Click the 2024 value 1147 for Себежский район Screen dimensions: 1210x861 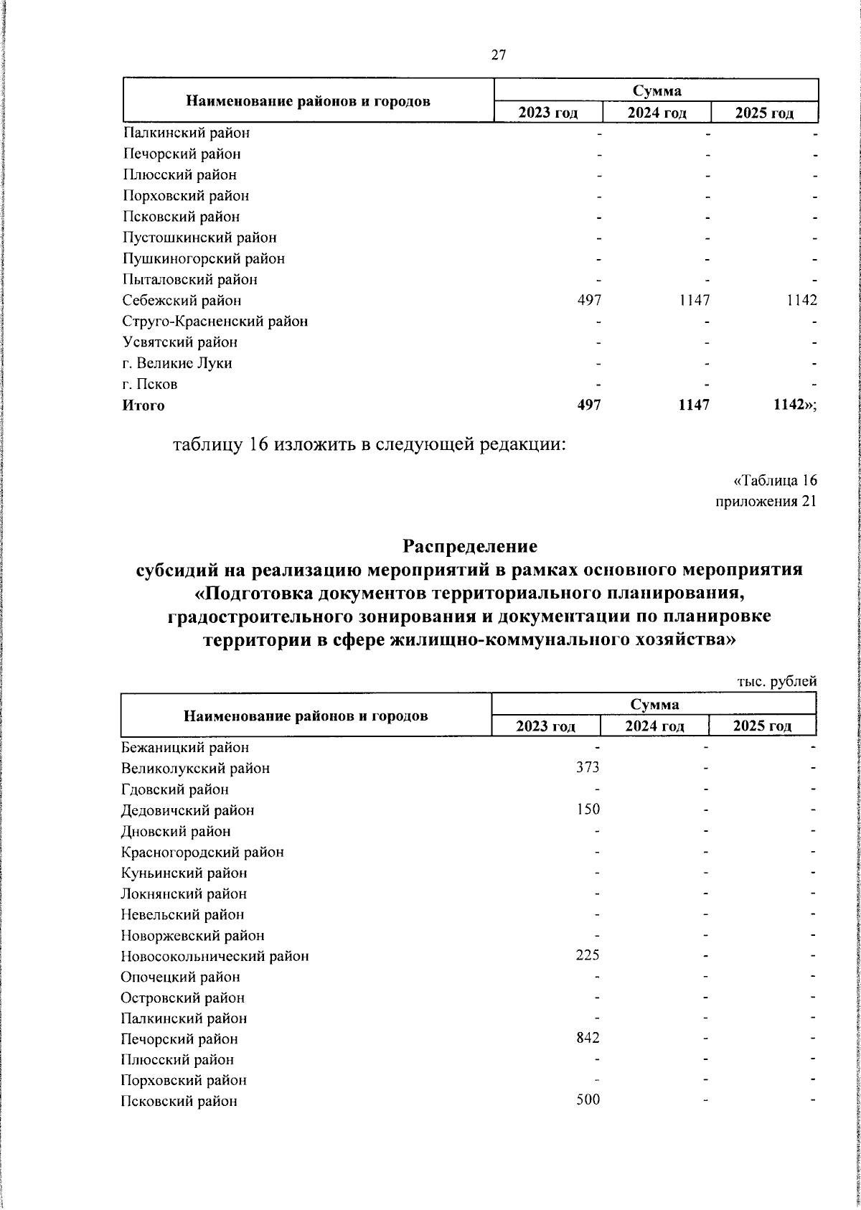[695, 301]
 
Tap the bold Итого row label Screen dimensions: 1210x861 [143, 405]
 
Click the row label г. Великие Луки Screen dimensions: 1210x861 [177, 363]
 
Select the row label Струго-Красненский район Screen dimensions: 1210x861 [215, 322]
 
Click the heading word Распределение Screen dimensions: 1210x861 [470, 547]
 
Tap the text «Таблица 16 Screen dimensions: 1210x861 [774, 480]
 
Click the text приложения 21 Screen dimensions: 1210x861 [766, 502]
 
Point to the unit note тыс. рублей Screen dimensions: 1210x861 [777, 682]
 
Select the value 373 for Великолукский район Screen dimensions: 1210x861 [588, 768]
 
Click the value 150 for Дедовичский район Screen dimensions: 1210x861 [588, 810]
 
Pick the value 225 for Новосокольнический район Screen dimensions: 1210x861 [588, 956]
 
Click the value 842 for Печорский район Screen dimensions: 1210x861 [588, 1039]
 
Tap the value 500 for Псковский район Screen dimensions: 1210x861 [588, 1102]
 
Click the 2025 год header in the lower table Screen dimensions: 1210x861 [762, 726]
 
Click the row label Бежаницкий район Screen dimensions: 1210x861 [185, 748]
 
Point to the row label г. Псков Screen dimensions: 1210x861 [150, 384]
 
